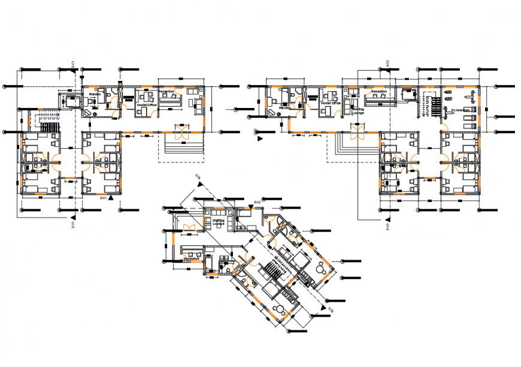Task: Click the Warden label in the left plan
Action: [95, 94]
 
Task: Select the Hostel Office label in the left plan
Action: [146, 106]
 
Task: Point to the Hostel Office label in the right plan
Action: [330, 103]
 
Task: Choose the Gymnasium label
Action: [461, 111]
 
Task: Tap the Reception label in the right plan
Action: [379, 92]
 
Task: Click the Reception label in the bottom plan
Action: [192, 249]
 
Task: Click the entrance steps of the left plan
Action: [181, 147]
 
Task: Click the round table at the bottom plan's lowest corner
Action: [279, 310]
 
